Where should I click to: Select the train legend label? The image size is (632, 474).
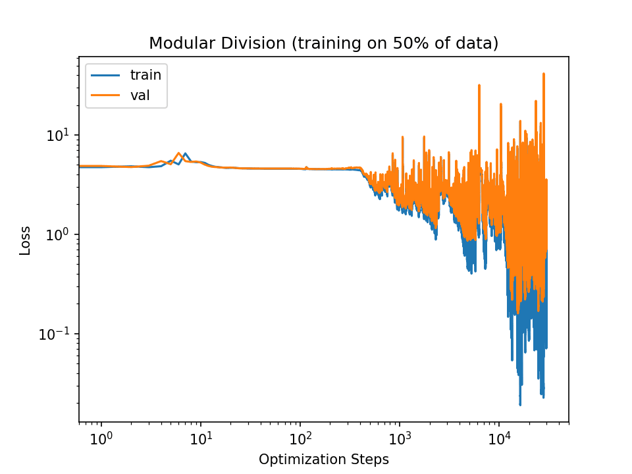[145, 75]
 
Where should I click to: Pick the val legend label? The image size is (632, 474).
[140, 95]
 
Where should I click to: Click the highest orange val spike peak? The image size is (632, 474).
[544, 73]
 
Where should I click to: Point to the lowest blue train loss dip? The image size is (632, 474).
[520, 405]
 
